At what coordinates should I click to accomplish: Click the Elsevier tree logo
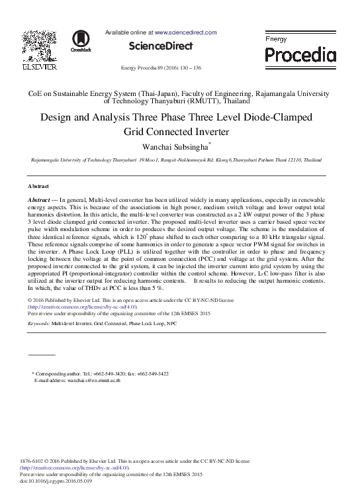click(40, 44)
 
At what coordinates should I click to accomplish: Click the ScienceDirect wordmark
click(160, 46)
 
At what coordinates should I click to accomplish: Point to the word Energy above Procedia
click(276, 40)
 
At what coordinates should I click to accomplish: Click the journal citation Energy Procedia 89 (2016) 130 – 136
click(160, 68)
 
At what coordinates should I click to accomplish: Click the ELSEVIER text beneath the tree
click(40, 66)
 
